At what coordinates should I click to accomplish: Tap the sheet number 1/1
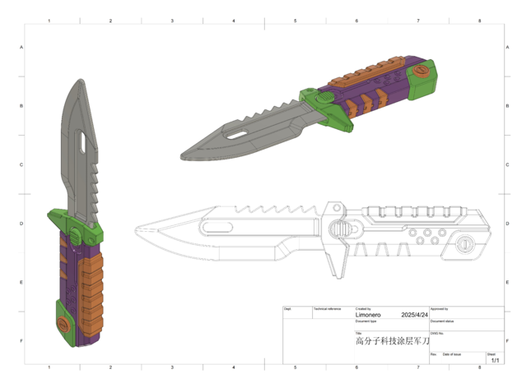pos(495,360)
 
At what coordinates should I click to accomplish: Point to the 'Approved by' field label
pos(439,309)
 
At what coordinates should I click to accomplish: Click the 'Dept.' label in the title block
pos(287,309)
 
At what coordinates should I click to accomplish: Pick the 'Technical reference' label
pos(327,309)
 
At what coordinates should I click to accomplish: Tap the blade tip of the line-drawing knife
pos(137,227)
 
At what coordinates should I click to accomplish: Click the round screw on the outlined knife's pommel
pos(466,243)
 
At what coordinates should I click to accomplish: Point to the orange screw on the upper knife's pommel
pos(423,71)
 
